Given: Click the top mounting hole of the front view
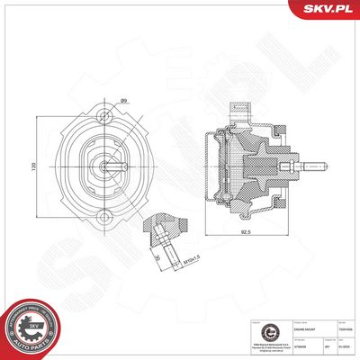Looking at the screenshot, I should (x=106, y=115).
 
